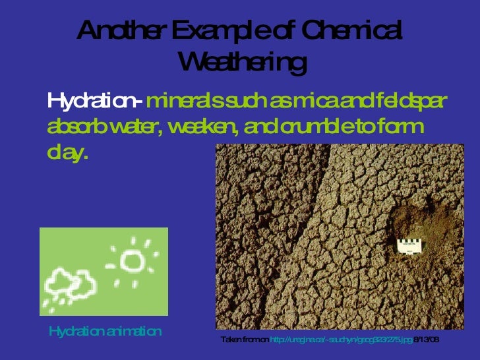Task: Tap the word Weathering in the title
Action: [x=242, y=63]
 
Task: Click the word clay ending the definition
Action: [x=66, y=153]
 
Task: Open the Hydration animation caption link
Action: [x=105, y=331]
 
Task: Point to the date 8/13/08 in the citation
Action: [x=427, y=339]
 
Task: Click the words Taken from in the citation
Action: [x=244, y=339]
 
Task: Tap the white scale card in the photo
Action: [x=410, y=245]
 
